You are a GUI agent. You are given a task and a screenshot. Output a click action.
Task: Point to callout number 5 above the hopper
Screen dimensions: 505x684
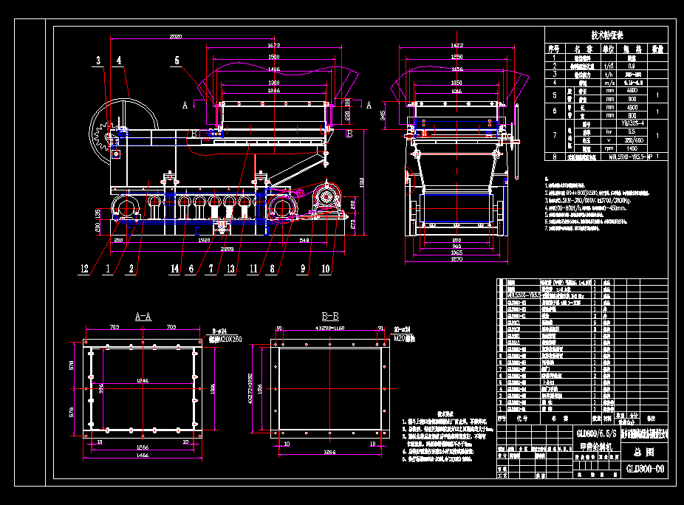(x=177, y=61)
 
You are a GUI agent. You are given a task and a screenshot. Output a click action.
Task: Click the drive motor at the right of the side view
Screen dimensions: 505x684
(x=325, y=199)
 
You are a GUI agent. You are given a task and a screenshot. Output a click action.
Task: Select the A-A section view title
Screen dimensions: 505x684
(x=143, y=315)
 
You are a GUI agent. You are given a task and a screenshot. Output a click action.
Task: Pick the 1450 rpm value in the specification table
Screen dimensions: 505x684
(x=632, y=148)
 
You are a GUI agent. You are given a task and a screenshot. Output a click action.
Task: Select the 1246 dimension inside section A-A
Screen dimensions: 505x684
(x=143, y=379)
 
